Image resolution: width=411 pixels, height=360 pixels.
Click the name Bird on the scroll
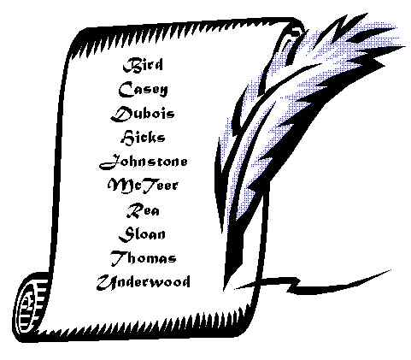[143, 65]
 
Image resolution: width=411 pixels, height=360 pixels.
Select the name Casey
[143, 89]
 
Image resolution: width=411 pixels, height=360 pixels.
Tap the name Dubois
[143, 114]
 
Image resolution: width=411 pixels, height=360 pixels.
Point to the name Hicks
[143, 138]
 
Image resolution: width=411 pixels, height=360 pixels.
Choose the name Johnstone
[144, 162]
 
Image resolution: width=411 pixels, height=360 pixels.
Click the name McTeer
[143, 186]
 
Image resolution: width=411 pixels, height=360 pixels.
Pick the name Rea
[143, 210]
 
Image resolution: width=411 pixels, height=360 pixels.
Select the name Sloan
[142, 234]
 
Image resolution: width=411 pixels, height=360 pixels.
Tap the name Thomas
[143, 258]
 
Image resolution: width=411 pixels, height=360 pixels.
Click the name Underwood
[143, 282]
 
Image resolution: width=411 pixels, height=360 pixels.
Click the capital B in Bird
[130, 65]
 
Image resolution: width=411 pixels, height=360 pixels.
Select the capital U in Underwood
[106, 282]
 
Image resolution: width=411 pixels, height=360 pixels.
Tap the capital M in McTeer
[118, 186]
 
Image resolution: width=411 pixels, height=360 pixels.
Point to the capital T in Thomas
[118, 258]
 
